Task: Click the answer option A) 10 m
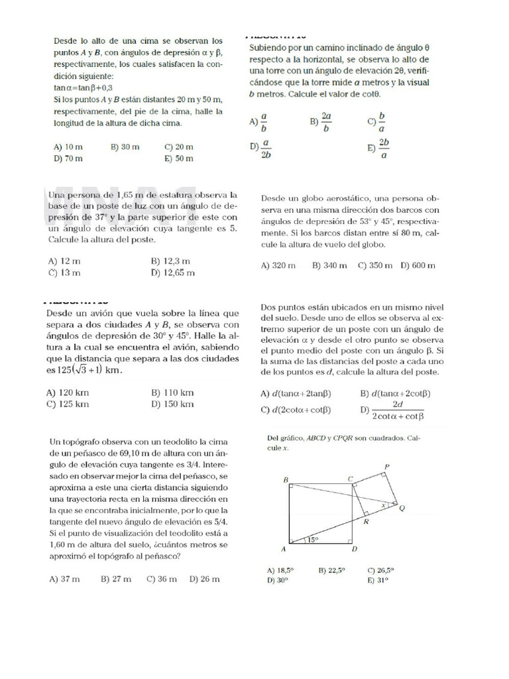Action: (68, 147)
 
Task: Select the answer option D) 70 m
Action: (68, 158)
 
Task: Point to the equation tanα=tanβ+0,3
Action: (83, 88)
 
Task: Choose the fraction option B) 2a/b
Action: (321, 121)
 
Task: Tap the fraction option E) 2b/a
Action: (378, 149)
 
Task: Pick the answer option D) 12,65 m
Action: (173, 273)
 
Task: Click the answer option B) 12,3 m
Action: (170, 261)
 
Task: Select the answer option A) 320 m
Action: (278, 265)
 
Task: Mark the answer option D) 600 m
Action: (418, 265)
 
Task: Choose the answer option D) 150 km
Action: (172, 404)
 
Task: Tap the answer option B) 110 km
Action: (172, 393)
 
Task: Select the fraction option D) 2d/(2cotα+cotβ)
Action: (391, 410)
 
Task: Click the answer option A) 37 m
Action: (65, 579)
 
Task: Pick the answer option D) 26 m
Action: (204, 579)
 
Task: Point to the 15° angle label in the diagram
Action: (312, 540)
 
